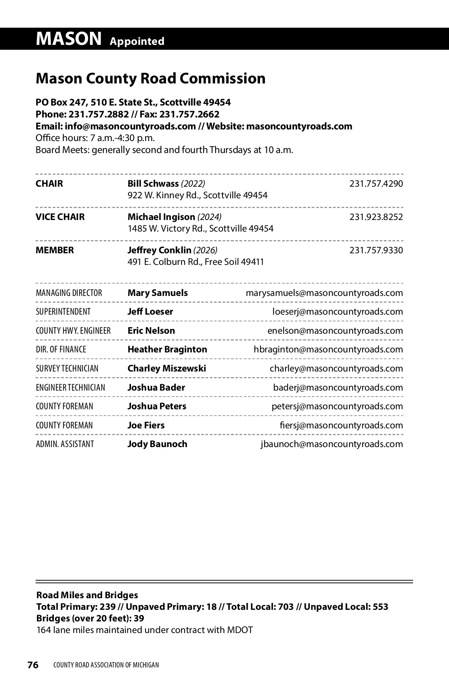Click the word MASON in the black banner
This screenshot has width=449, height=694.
tap(69, 39)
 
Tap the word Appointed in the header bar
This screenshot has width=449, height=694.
tap(137, 41)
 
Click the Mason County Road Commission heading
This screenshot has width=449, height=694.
tap(150, 79)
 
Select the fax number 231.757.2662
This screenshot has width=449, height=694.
tap(189, 114)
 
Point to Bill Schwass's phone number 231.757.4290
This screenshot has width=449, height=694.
tap(376, 184)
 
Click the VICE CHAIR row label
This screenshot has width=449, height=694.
tap(60, 217)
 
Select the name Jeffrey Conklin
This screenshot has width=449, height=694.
tap(159, 250)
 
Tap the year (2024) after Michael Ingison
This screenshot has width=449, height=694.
tap(210, 217)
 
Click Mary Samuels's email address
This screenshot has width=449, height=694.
tap(324, 293)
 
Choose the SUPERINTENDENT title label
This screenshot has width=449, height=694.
tap(63, 312)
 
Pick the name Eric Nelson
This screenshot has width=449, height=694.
tap(151, 331)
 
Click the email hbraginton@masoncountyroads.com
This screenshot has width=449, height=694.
tap(328, 349)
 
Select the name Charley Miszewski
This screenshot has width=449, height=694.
tap(167, 369)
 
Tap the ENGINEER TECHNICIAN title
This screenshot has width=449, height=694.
tap(70, 388)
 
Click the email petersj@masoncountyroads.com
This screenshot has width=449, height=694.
tap(337, 406)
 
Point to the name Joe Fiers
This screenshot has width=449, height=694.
tap(146, 425)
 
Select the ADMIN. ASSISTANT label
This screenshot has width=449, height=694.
tap(65, 444)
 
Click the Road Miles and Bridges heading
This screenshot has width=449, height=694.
tap(87, 595)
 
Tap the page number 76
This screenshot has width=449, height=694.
tap(33, 665)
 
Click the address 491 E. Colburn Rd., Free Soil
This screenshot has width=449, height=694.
tap(196, 262)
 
